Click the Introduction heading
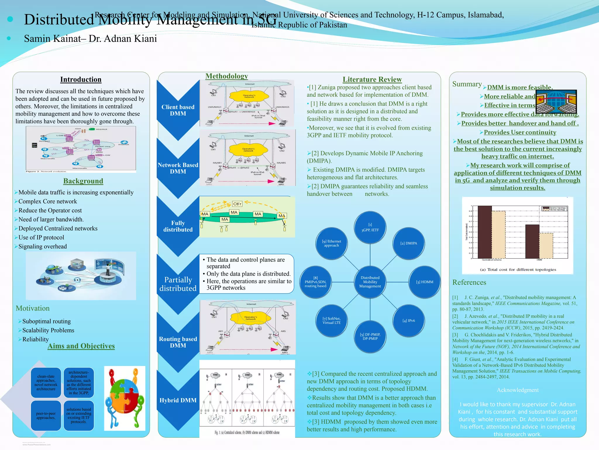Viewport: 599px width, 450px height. (81, 80)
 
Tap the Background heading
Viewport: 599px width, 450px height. (83, 181)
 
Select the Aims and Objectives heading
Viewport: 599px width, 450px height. (81, 346)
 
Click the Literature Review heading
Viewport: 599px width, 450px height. (372, 79)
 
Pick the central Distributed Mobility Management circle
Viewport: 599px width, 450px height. (370, 282)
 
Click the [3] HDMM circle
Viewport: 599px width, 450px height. (424, 282)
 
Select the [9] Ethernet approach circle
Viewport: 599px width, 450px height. (331, 243)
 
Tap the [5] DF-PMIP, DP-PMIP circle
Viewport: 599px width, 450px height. (370, 337)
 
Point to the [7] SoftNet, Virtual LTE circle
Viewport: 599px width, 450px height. (331, 321)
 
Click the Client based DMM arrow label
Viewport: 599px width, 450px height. (178, 110)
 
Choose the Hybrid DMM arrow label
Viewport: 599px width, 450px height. (178, 400)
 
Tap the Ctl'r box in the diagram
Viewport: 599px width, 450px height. (237, 204)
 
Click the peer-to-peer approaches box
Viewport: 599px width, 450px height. (46, 415)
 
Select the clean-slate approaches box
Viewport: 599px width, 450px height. (46, 383)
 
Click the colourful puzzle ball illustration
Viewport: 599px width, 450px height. (125, 398)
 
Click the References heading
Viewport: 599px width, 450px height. (469, 282)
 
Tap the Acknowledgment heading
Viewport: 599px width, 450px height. (517, 390)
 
